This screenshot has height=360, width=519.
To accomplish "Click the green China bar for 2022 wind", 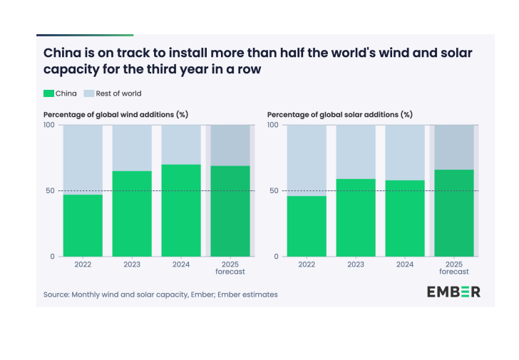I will point(83,225).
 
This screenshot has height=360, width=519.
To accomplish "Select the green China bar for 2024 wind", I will point(181,210).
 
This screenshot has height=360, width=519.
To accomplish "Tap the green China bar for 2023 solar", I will point(356,217).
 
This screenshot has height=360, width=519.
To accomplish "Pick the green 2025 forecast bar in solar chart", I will point(453,213).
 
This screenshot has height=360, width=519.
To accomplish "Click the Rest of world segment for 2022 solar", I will point(307,160).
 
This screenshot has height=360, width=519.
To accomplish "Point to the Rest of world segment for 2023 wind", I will point(132,148).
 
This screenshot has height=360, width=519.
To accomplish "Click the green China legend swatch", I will point(49,93).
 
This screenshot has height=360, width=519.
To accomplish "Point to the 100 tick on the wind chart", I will point(49,125).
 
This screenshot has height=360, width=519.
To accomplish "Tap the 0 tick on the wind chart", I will point(51,257).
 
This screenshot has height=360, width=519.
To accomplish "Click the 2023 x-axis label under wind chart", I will point(132,264).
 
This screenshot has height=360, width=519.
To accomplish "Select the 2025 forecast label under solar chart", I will point(453,268).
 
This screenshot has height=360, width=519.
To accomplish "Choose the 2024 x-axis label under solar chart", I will point(405,264).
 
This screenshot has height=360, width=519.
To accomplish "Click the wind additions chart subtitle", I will point(115,114).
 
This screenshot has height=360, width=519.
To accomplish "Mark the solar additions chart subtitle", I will point(339,114).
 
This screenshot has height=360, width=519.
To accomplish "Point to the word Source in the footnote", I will point(56,294).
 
